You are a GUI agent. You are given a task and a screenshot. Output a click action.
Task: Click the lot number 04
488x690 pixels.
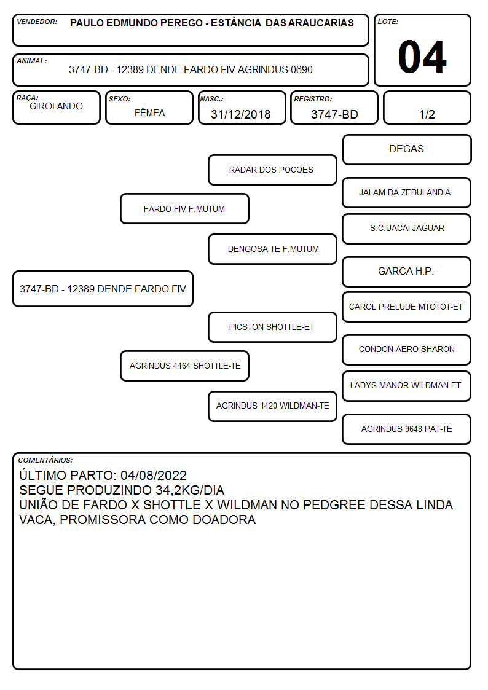click(422, 57)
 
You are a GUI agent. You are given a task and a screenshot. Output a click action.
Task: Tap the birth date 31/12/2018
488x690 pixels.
click(241, 114)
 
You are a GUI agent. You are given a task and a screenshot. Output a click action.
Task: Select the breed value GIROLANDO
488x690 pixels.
click(56, 106)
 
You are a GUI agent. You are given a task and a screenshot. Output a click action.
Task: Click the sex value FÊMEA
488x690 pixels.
click(149, 112)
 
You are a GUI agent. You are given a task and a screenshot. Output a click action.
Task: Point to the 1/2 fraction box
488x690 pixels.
click(427, 108)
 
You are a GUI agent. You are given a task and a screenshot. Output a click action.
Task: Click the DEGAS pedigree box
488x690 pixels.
click(407, 150)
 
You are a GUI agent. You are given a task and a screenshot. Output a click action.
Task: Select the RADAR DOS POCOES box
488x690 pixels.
click(272, 170)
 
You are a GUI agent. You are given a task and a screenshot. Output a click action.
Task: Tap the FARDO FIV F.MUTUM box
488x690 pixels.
click(184, 208)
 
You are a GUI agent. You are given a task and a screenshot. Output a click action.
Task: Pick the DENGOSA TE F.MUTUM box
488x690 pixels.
click(272, 249)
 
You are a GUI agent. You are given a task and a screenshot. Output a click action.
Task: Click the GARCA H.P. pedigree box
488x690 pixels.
click(406, 272)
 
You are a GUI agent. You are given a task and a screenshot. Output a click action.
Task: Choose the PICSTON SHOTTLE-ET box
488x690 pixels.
click(272, 327)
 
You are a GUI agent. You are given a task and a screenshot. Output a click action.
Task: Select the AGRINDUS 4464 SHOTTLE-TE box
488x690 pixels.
click(184, 366)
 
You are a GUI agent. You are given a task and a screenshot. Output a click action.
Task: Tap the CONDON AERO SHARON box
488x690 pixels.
click(406, 350)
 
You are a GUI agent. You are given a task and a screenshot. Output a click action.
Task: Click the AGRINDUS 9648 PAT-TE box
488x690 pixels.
click(406, 429)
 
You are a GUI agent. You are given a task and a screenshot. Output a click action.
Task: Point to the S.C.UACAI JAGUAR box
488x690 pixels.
click(406, 229)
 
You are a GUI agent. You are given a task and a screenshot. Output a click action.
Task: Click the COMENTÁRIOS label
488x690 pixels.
click(45, 460)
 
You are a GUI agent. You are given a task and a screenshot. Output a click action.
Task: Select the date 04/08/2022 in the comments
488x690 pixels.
click(154, 475)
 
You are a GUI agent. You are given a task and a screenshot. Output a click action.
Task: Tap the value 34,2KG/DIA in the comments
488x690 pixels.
click(190, 490)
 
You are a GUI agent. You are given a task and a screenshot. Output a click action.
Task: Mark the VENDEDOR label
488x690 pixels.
click(37, 22)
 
